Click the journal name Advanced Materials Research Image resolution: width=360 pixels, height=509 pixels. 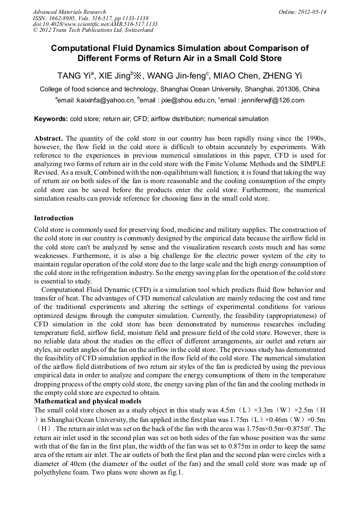(x=69, y=12)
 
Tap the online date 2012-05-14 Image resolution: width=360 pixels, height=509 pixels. (x=313, y=12)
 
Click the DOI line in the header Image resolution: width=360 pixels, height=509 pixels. (x=95, y=24)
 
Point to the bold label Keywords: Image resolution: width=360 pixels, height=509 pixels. (x=51, y=119)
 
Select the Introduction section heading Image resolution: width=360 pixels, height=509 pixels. (x=54, y=218)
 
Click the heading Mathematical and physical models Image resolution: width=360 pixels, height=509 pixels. (x=87, y=401)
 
